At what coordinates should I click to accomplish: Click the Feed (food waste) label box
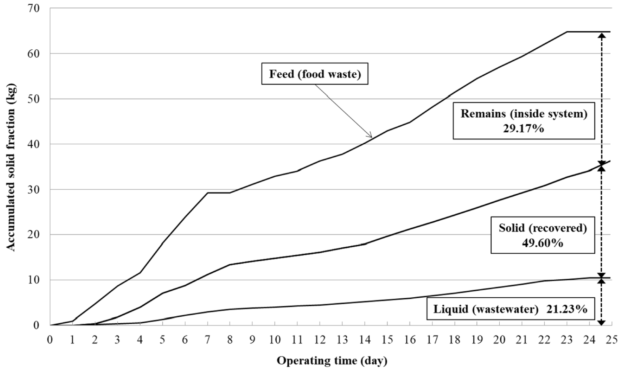(x=315, y=74)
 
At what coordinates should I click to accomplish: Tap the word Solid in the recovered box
(x=511, y=228)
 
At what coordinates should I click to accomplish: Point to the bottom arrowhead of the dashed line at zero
(x=601, y=323)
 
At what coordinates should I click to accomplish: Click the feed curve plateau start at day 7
(x=207, y=193)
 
